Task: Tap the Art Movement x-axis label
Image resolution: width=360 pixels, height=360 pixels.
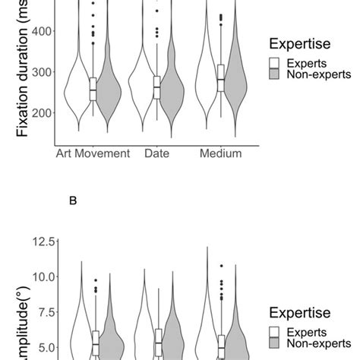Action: [93, 153]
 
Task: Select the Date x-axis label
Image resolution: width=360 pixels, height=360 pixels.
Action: [156, 153]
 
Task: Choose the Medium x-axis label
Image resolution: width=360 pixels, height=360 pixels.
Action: [220, 153]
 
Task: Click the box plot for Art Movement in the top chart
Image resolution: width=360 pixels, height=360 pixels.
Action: [93, 88]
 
